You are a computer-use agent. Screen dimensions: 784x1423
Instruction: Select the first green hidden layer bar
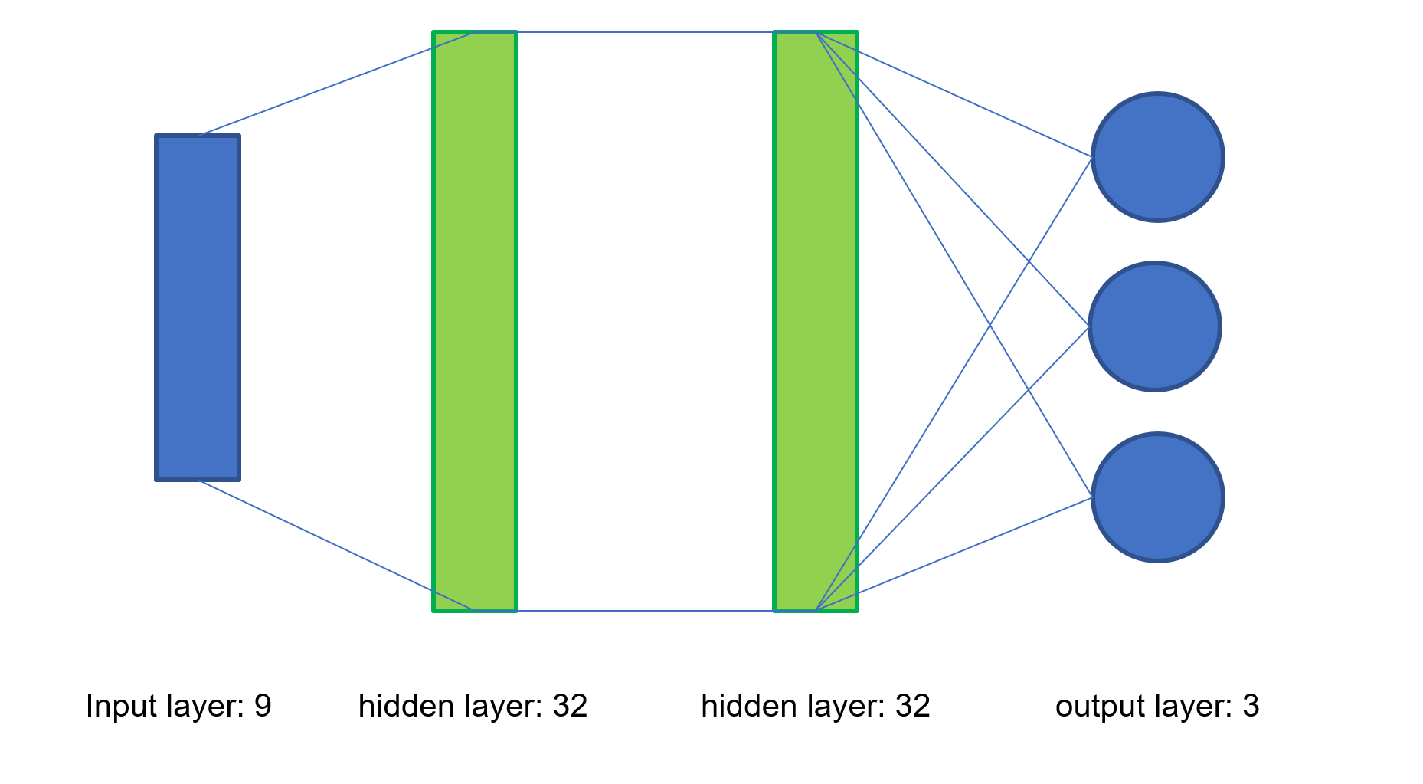click(475, 322)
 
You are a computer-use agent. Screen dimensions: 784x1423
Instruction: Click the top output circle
click(1157, 157)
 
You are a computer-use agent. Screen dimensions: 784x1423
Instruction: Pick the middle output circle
click(1154, 326)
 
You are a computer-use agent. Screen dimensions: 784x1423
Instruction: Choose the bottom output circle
click(1157, 497)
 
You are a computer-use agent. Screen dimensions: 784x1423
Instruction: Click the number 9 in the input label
click(263, 706)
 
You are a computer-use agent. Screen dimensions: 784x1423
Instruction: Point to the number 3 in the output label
click(1250, 706)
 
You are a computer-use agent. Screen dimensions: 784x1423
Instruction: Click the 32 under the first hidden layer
click(570, 706)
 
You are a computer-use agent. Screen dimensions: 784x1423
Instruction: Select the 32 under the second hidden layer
click(912, 706)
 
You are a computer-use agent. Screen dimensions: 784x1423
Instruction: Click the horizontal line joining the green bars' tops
click(645, 32)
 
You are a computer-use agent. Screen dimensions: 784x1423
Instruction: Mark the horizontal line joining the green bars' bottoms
click(645, 611)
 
